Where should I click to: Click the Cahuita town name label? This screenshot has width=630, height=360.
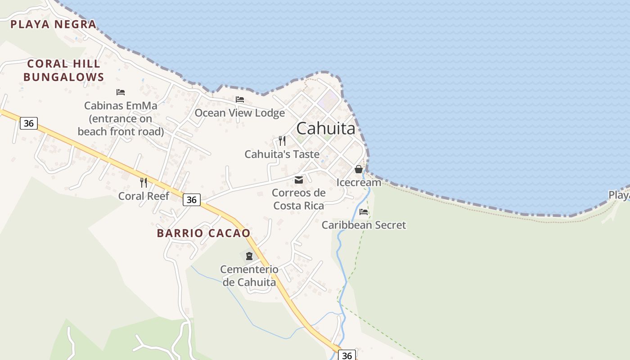[326, 128]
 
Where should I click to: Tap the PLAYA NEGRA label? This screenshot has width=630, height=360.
[54, 24]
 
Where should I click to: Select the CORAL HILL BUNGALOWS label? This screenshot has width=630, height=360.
[63, 70]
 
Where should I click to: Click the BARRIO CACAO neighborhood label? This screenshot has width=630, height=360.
[203, 233]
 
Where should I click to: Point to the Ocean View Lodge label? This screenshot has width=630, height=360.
[239, 112]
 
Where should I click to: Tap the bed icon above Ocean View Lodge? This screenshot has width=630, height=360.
[240, 99]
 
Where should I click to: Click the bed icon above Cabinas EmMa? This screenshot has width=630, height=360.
[121, 92]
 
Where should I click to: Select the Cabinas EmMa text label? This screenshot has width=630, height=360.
[121, 118]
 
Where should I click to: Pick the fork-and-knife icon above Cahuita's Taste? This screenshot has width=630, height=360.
[282, 141]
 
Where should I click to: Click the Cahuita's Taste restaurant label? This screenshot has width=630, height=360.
[282, 154]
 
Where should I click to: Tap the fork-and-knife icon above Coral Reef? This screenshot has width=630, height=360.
[144, 182]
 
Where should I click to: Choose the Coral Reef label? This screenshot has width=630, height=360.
[144, 196]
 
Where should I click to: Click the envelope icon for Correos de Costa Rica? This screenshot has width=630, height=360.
[299, 180]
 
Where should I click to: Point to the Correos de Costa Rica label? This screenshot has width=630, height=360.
[299, 199]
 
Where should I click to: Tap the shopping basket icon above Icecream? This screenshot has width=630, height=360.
[359, 169]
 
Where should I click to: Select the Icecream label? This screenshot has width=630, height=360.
[359, 182]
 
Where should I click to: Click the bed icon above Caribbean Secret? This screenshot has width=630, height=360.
[364, 211]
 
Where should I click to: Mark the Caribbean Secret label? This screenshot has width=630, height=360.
[364, 225]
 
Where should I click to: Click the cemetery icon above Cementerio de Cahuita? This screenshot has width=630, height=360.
[249, 256]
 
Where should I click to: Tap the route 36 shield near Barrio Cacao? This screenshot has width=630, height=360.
[192, 200]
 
